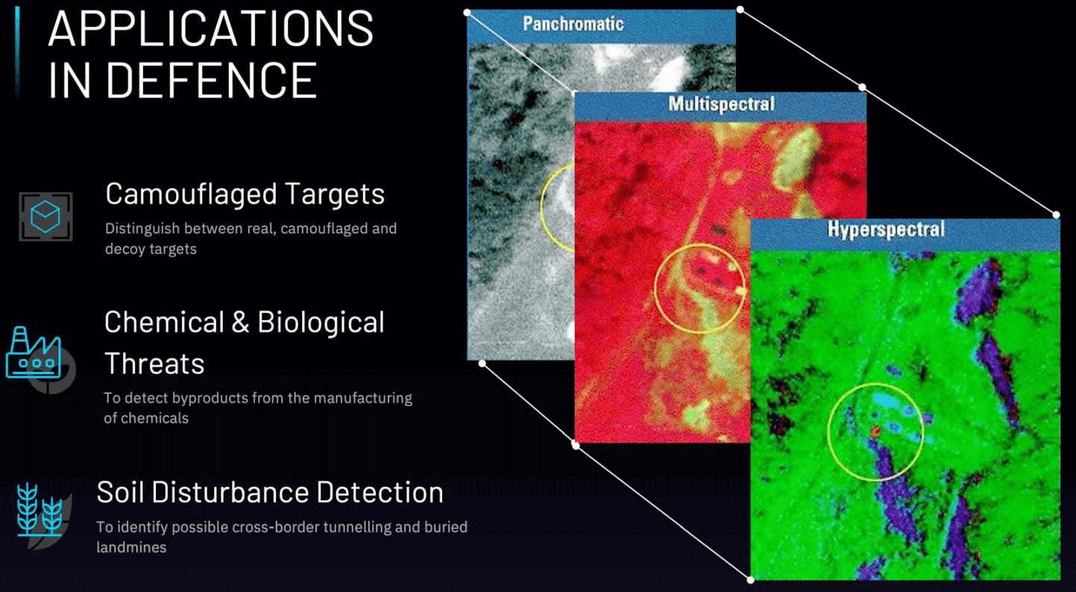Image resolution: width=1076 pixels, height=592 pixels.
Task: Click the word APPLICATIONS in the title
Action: [211, 29]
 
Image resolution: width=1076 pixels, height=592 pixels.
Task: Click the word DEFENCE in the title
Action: [211, 80]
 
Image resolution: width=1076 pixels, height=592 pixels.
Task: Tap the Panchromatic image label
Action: [573, 24]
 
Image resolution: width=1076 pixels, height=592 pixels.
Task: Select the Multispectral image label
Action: [722, 104]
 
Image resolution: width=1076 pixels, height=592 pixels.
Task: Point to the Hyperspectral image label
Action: [887, 229]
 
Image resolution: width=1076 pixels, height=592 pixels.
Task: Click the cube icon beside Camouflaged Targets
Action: [45, 216]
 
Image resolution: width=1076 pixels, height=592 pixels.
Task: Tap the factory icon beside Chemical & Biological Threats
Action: [34, 352]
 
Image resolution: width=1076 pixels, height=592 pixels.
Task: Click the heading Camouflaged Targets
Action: [245, 194]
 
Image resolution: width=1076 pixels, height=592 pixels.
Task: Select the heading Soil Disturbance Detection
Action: [270, 492]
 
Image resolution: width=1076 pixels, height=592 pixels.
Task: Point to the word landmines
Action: [131, 547]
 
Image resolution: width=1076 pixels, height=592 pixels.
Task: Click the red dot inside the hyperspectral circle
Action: [875, 431]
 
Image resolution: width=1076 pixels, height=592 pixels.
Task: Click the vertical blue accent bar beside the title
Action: [17, 51]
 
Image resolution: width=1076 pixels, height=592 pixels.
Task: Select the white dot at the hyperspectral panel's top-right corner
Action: [1057, 214]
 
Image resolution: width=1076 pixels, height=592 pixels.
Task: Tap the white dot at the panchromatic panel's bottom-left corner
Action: [482, 364]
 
